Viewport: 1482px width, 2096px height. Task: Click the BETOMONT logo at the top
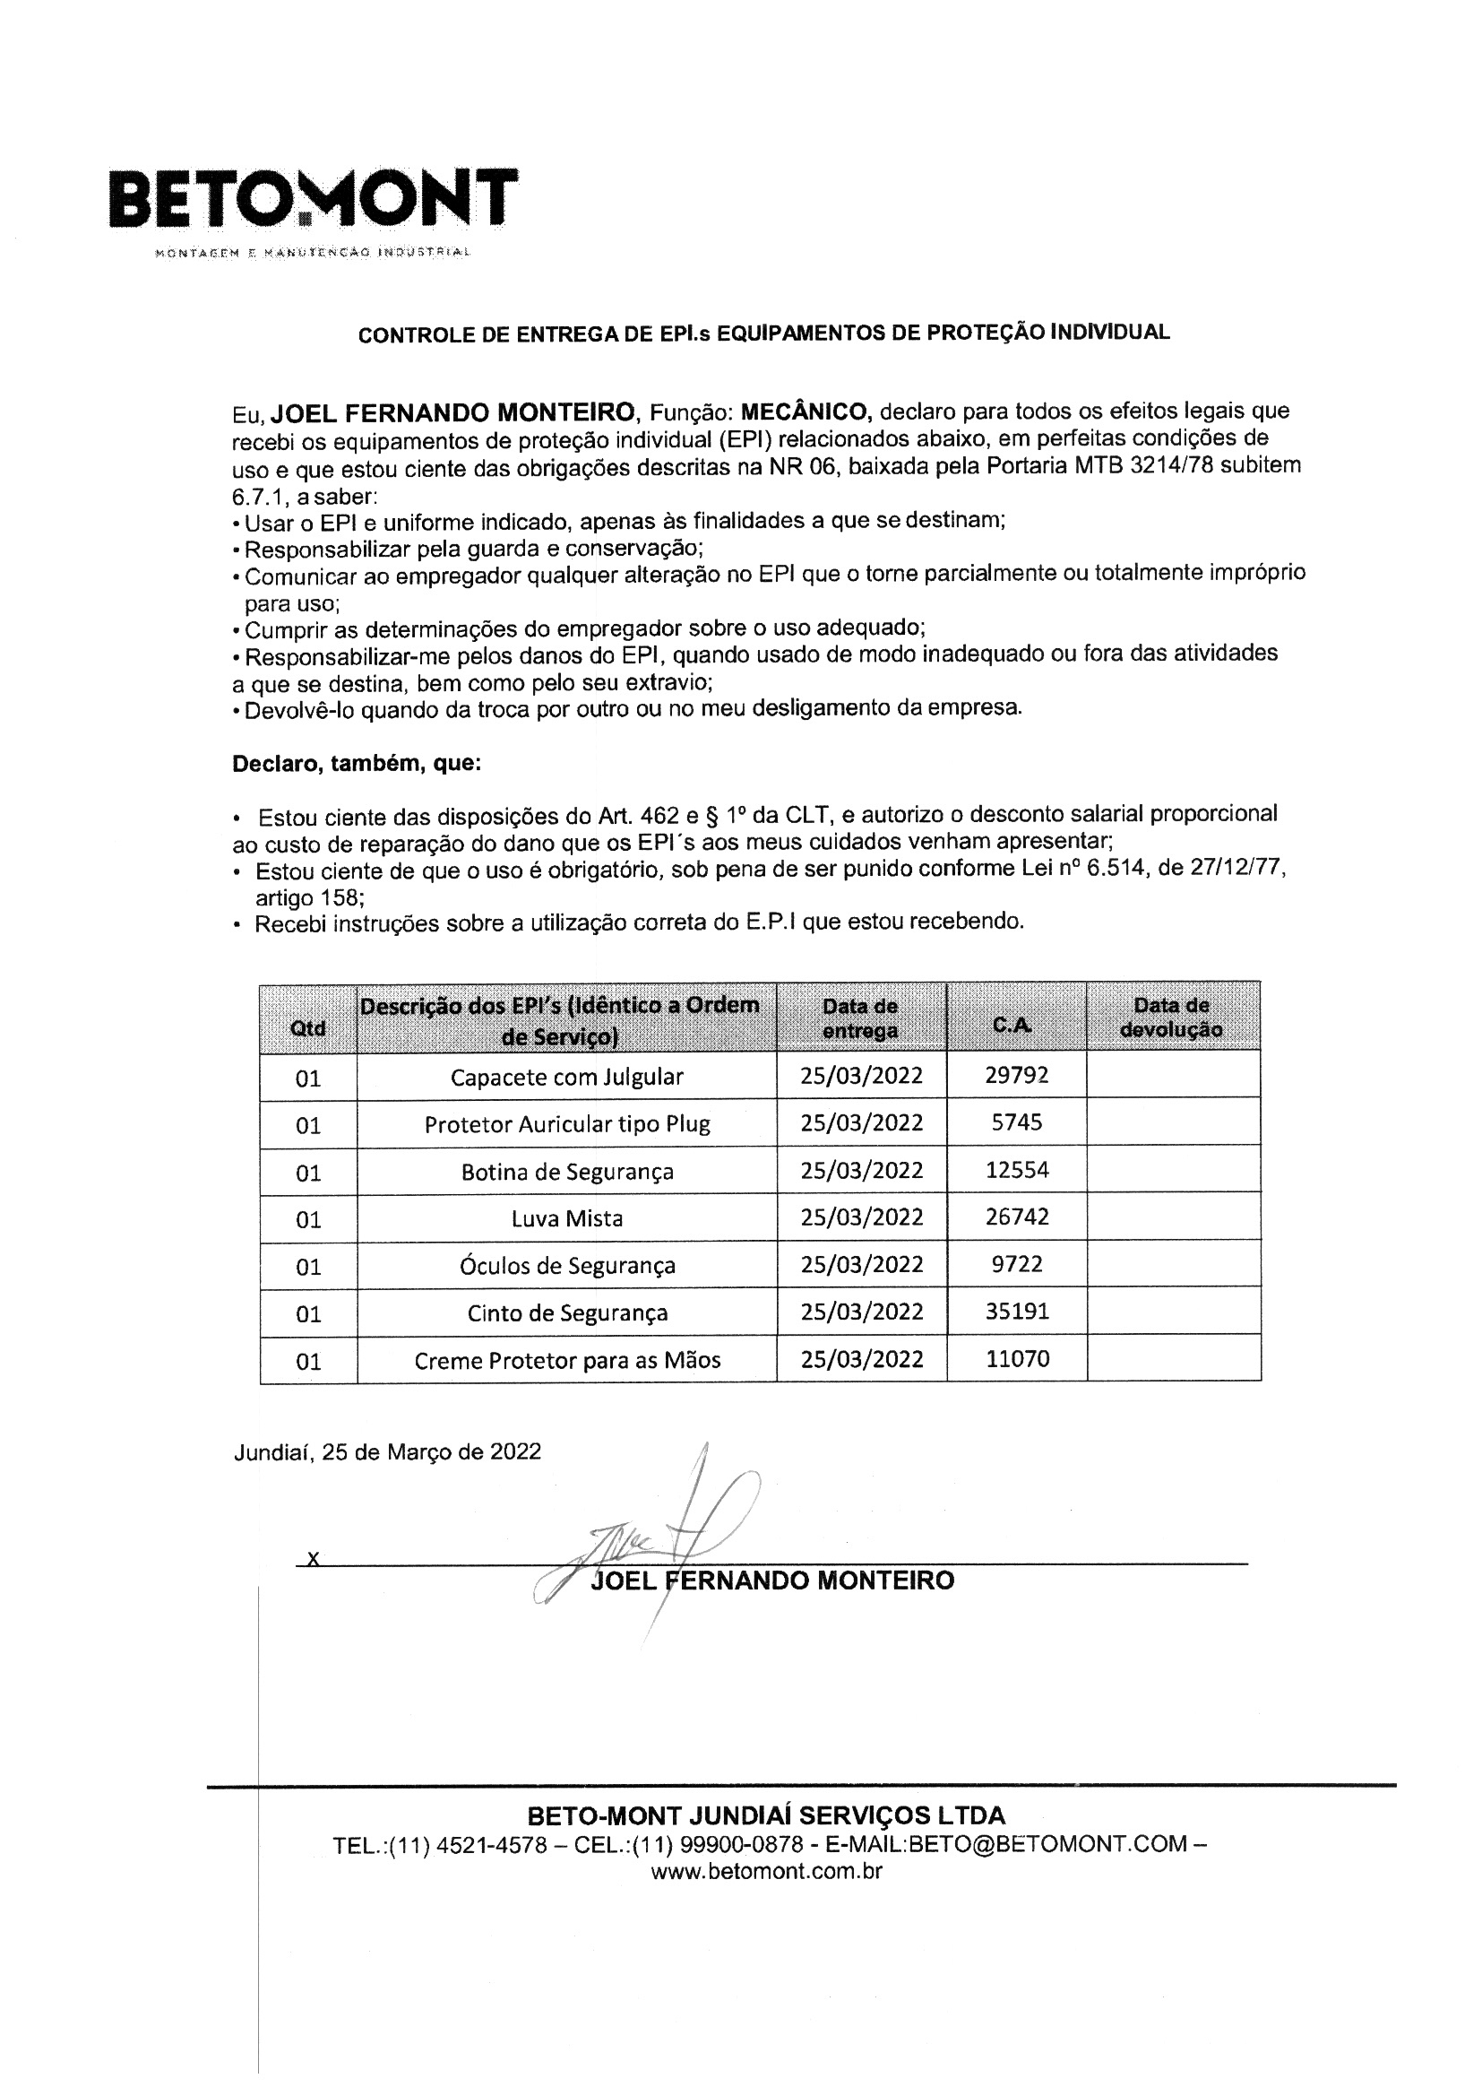click(313, 198)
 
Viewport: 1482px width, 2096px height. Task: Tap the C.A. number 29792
click(1017, 1075)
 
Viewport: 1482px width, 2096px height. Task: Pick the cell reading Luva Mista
click(566, 1217)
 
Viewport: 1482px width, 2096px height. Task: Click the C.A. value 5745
click(1017, 1122)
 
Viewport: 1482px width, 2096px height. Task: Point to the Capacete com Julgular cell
click(566, 1077)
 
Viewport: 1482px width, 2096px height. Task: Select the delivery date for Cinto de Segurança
click(861, 1312)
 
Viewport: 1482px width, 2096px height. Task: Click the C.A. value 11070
click(1018, 1359)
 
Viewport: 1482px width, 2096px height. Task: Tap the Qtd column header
click(307, 1028)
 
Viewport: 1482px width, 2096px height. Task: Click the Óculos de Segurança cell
click(566, 1265)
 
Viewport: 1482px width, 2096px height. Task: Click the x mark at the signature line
click(313, 1558)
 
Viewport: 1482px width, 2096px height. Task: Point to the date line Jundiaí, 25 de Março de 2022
click(387, 1451)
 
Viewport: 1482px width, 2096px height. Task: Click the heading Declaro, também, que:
click(356, 763)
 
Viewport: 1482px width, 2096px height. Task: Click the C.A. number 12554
click(1017, 1169)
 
